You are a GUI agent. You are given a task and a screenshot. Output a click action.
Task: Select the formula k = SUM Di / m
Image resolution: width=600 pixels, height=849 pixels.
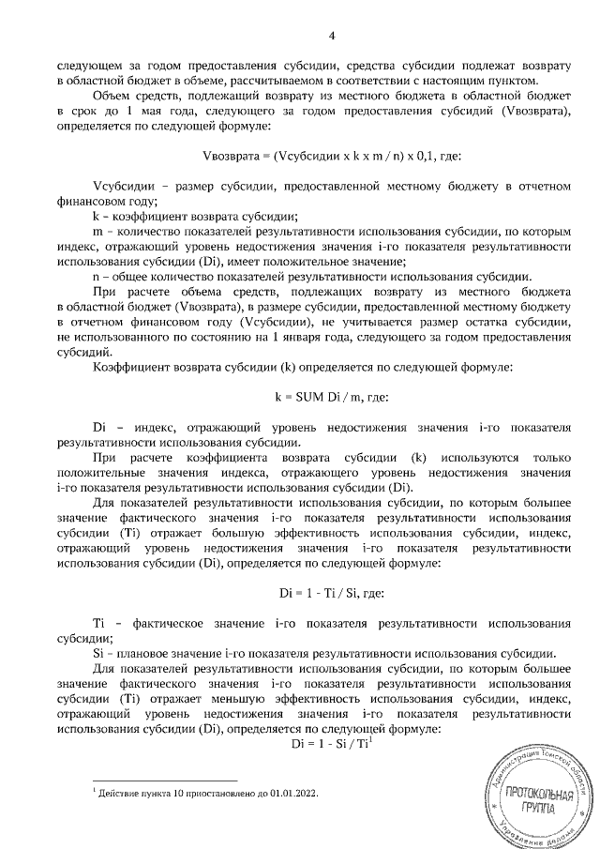tap(332, 397)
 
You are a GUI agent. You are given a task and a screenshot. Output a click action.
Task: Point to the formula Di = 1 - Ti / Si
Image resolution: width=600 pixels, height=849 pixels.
tap(332, 593)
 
